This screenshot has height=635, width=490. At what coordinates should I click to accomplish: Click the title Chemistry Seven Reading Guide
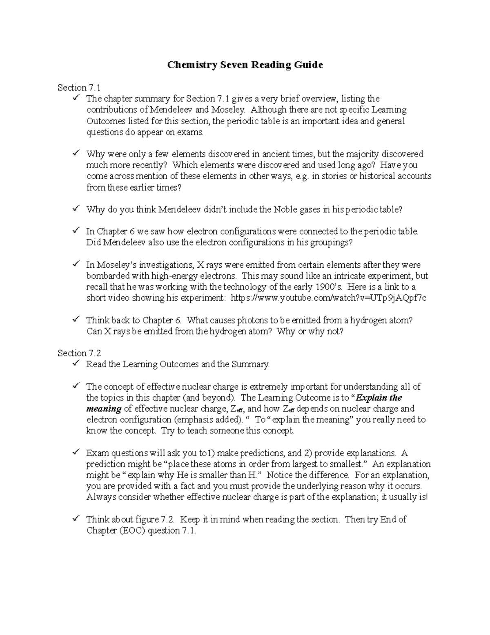pos(245,65)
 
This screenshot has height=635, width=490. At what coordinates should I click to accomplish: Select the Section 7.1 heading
pos(79,88)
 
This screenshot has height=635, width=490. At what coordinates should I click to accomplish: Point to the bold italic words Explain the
pos(379,398)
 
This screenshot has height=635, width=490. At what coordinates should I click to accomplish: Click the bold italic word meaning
pos(104,409)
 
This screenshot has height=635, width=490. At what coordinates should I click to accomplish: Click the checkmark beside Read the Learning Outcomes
pos(76,363)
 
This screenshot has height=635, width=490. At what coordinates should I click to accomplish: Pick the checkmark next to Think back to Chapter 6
pos(76,319)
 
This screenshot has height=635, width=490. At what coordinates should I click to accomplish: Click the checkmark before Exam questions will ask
pos(76,452)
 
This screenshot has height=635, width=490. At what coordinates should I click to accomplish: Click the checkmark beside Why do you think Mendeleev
pos(76,209)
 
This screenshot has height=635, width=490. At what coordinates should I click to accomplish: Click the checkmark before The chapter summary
pos(76,98)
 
